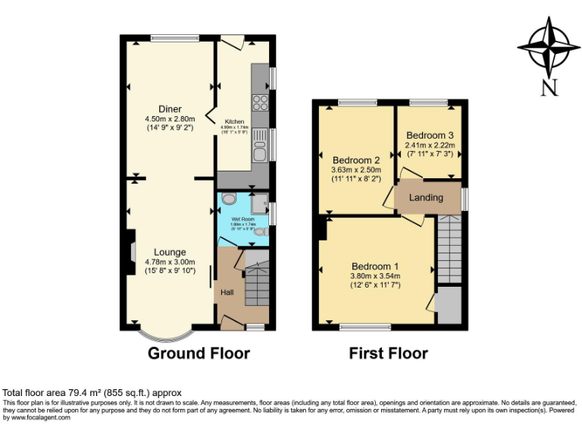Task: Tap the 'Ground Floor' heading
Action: pos(199,353)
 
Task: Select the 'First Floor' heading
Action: pos(388,353)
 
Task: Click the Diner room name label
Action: pos(170,108)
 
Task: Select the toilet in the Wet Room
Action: pos(229,199)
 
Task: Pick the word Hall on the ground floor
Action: pos(227,292)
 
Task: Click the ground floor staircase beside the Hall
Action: pos(257,281)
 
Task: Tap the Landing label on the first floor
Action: pos(426,198)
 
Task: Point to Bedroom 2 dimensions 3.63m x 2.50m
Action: pos(355,171)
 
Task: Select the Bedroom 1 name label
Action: pos(375,266)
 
